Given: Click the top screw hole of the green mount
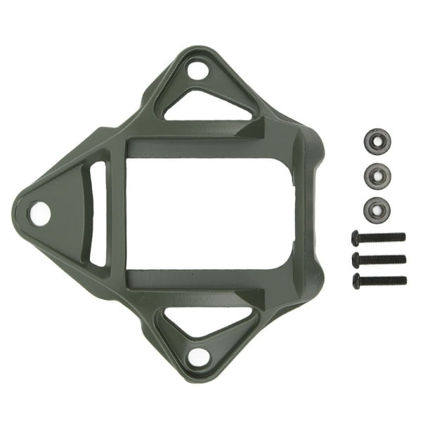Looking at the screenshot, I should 197,70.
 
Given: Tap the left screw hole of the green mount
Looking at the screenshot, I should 40,213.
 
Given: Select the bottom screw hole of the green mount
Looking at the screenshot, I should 198,357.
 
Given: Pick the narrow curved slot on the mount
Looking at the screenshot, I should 98,213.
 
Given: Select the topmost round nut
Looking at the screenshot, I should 378,141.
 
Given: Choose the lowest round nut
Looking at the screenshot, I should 378,209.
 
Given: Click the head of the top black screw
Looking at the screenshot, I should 356,237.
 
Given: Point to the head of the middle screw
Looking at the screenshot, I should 356,259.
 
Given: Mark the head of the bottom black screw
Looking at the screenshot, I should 356,281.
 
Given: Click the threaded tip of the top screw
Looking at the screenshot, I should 403,237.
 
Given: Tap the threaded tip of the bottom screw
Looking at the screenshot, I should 404,280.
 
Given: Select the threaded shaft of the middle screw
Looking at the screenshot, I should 383,259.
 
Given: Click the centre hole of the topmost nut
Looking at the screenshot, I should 378,141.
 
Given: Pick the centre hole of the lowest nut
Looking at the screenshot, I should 378,209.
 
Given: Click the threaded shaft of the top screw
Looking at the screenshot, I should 382,237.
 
